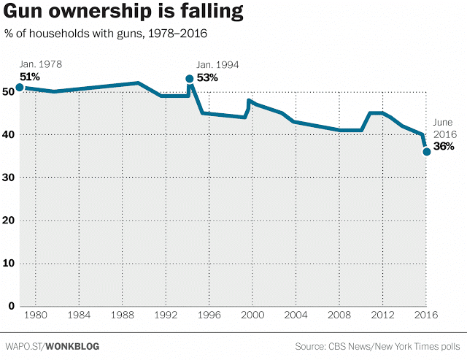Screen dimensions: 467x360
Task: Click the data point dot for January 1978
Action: click(x=20, y=88)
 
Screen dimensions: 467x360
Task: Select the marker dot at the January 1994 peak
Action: click(x=190, y=79)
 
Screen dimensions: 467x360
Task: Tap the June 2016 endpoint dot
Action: click(x=427, y=152)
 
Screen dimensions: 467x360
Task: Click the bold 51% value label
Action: click(x=30, y=77)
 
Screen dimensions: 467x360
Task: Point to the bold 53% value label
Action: click(x=207, y=78)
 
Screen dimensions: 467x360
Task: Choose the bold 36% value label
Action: click(x=444, y=146)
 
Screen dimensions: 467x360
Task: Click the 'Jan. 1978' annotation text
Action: click(x=41, y=64)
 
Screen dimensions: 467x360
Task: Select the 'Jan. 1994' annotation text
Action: click(x=217, y=65)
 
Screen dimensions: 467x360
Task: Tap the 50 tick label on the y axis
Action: click(x=8, y=91)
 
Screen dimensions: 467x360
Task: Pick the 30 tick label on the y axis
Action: click(x=8, y=177)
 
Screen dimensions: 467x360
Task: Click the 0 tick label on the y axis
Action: click(x=12, y=306)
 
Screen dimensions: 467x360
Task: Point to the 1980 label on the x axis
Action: click(x=36, y=315)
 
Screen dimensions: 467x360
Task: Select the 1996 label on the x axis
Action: click(x=209, y=315)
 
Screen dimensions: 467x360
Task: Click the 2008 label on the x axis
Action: click(x=339, y=315)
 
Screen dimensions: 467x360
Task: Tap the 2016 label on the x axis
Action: click(x=426, y=315)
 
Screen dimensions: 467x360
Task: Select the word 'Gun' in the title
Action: click(x=23, y=12)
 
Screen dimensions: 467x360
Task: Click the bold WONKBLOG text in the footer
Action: click(x=73, y=346)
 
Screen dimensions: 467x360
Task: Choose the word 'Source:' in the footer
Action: click(x=310, y=346)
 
